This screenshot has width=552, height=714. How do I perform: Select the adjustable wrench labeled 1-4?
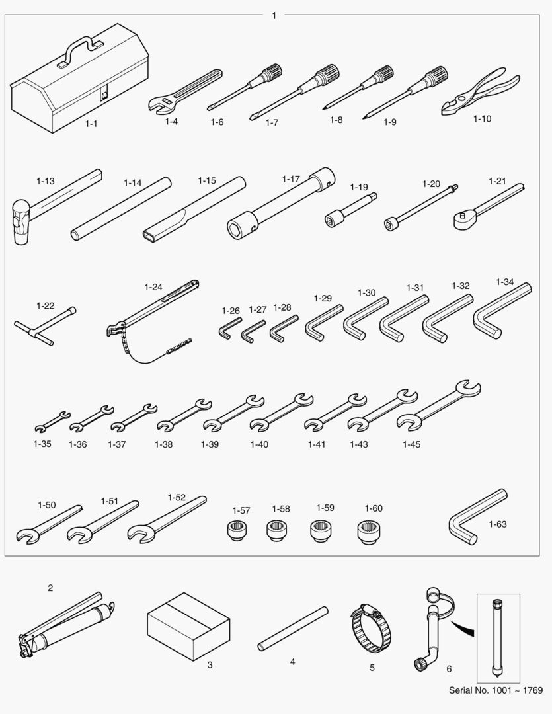pyautogui.click(x=184, y=91)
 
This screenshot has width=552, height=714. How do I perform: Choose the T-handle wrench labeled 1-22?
pyautogui.click(x=44, y=326)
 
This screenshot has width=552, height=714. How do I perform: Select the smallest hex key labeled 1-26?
pyautogui.click(x=229, y=328)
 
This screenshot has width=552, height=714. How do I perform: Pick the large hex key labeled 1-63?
pyautogui.click(x=477, y=517)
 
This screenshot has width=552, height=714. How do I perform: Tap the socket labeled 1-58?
pyautogui.click(x=276, y=530)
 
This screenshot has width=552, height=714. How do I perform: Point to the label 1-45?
pyautogui.click(x=411, y=444)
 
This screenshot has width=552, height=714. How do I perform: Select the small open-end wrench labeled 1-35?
pyautogui.click(x=52, y=421)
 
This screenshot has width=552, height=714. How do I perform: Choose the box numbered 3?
pyautogui.click(x=188, y=626)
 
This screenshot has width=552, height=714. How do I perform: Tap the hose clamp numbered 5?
pyautogui.click(x=371, y=627)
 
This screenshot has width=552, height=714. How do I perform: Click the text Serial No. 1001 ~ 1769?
pyautogui.click(x=496, y=690)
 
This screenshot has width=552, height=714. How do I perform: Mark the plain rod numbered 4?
pyautogui.click(x=293, y=629)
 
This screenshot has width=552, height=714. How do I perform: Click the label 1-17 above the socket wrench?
pyautogui.click(x=291, y=179)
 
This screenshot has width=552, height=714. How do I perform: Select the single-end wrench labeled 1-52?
pyautogui.click(x=167, y=520)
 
